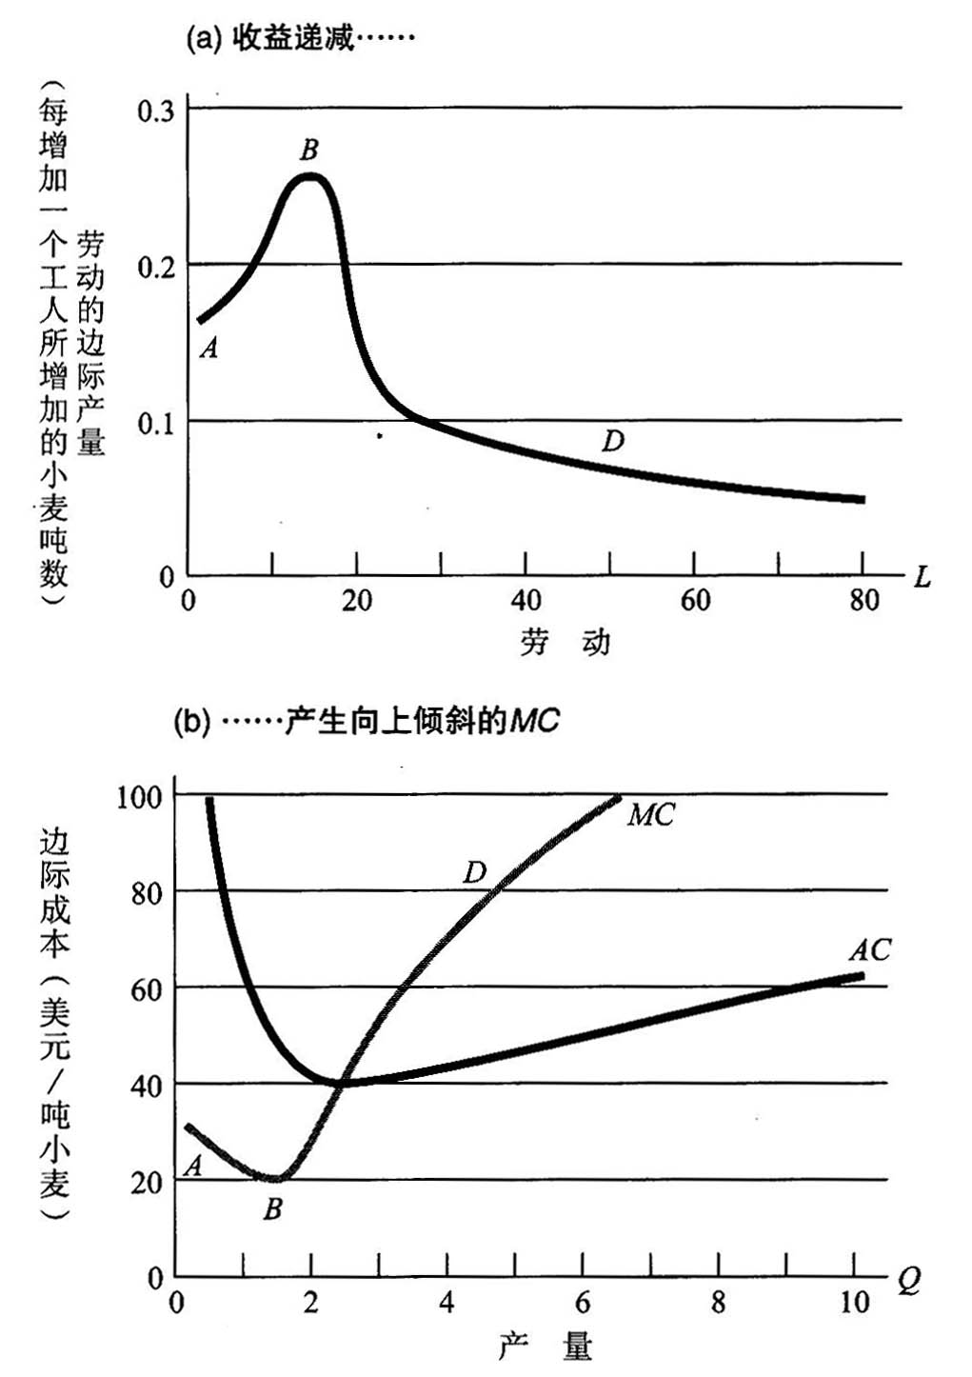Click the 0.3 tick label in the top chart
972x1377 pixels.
click(x=156, y=111)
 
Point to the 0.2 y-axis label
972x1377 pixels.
click(x=156, y=268)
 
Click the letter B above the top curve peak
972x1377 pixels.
click(x=308, y=150)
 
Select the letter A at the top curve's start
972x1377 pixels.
click(x=209, y=349)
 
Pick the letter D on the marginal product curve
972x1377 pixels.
click(x=613, y=441)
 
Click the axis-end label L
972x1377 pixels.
click(x=921, y=577)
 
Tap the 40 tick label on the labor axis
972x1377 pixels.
click(x=526, y=601)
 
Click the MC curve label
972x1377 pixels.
click(x=651, y=814)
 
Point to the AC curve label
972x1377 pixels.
click(x=870, y=949)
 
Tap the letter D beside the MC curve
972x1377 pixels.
click(x=474, y=871)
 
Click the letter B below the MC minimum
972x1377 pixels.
click(x=273, y=1209)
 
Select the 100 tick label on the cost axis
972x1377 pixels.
click(x=140, y=796)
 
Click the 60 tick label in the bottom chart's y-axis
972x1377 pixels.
click(x=145, y=989)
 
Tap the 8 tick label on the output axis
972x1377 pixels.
click(x=718, y=1303)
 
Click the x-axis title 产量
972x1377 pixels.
click(x=545, y=1347)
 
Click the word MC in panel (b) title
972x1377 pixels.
click(x=534, y=721)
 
